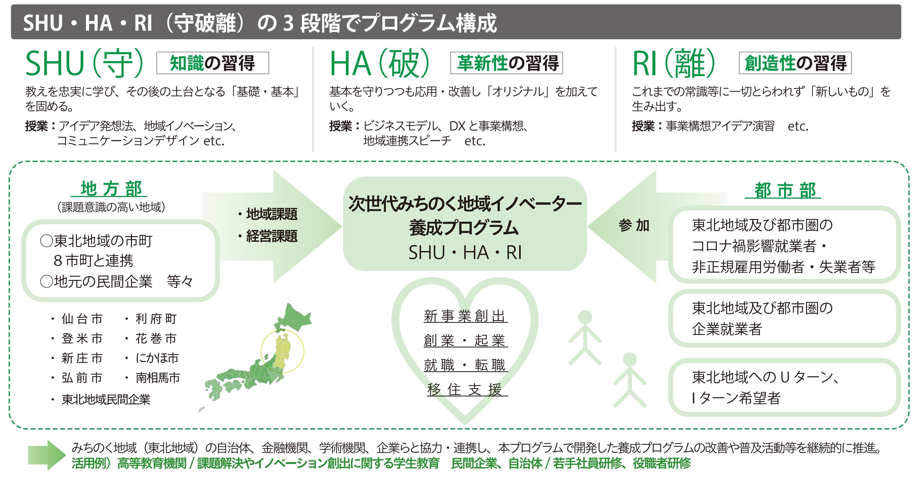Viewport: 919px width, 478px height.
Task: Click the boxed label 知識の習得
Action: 212,63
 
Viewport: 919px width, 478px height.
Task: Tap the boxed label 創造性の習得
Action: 795,63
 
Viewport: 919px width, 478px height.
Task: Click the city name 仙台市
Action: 82,318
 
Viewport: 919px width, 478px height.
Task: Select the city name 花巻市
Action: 156,338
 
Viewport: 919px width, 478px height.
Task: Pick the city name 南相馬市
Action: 158,378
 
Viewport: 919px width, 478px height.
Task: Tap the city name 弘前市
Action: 82,378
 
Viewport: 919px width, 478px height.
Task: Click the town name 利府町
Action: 156,318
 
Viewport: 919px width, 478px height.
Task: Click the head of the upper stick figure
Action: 585,317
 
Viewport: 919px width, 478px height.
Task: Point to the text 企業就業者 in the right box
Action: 727,329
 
